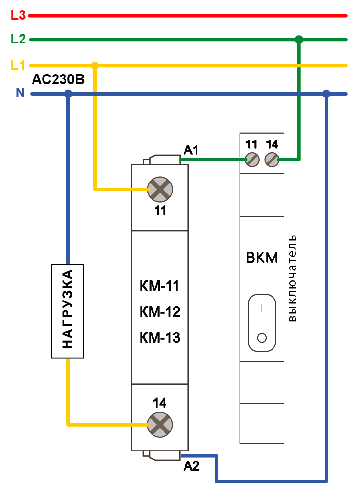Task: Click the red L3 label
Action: pyautogui.click(x=18, y=15)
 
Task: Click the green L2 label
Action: pyautogui.click(x=18, y=39)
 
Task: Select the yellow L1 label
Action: pyautogui.click(x=18, y=64)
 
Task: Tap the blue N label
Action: pyautogui.click(x=20, y=94)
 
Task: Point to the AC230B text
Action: pyautogui.click(x=58, y=80)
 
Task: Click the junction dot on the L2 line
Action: pyautogui.click(x=299, y=39)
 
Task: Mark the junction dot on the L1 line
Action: pyautogui.click(x=95, y=65)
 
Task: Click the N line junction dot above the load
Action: pyautogui.click(x=68, y=94)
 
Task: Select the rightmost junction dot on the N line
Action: pyautogui.click(x=326, y=94)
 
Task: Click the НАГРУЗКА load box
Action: pyautogui.click(x=67, y=311)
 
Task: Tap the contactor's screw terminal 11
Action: pyautogui.click(x=160, y=190)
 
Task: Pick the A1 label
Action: pyautogui.click(x=191, y=151)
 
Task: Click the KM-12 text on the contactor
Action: pyautogui.click(x=160, y=312)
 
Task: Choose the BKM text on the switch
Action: pyautogui.click(x=262, y=258)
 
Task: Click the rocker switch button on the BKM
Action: pyautogui.click(x=262, y=323)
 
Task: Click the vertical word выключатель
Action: pyautogui.click(x=293, y=278)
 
